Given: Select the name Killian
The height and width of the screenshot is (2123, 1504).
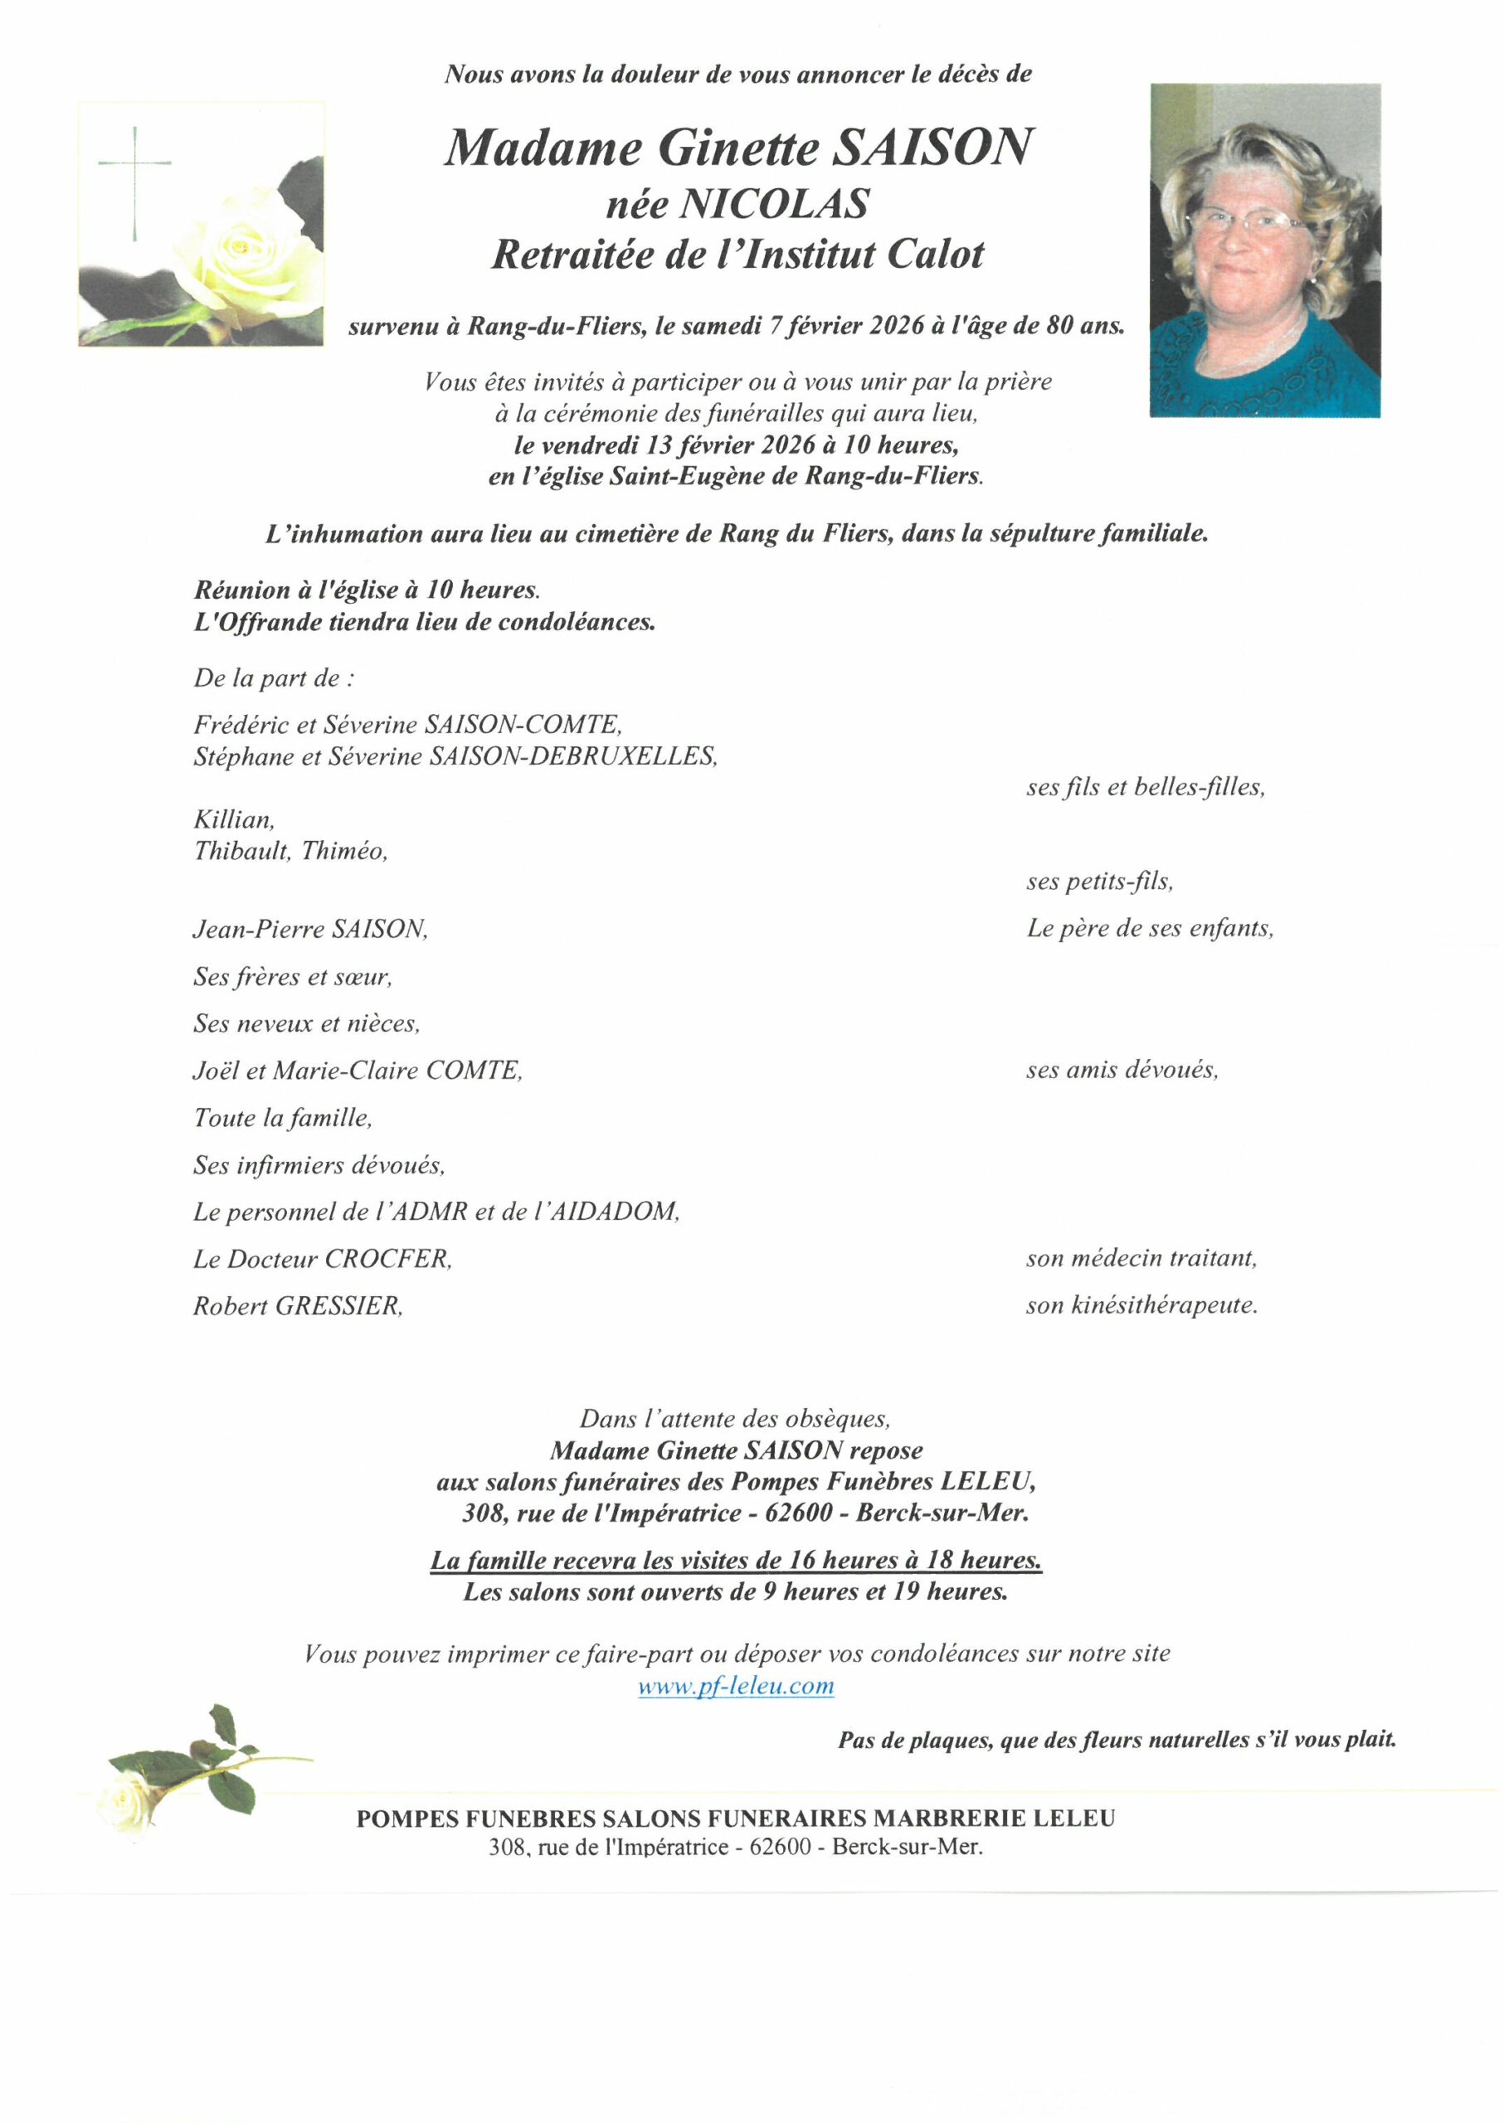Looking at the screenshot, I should [x=233, y=819].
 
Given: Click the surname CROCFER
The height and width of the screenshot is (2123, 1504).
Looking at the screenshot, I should [x=387, y=1259].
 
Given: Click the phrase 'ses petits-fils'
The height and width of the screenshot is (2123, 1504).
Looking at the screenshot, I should [x=1099, y=882].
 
